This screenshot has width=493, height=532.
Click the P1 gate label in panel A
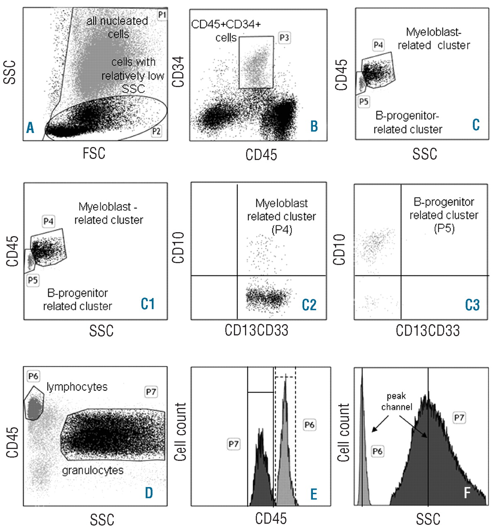(162, 15)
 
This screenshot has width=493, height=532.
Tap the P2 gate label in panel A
(156, 131)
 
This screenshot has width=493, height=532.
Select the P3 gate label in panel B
(284, 38)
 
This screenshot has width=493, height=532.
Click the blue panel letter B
(314, 126)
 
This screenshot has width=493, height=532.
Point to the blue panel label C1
(148, 304)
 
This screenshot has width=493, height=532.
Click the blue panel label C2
(310, 305)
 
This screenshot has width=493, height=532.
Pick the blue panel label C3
(472, 305)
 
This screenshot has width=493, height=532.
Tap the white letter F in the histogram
(467, 493)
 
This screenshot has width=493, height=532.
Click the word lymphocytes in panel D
(77, 387)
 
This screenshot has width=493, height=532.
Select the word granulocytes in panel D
(93, 470)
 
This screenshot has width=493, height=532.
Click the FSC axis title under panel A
(94, 153)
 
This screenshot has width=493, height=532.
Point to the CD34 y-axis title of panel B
(179, 72)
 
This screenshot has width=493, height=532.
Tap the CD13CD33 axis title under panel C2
(256, 330)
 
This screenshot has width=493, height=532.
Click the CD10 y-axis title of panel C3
(339, 249)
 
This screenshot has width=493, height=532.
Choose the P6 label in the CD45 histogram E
(310, 424)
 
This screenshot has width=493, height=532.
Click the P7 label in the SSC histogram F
(459, 418)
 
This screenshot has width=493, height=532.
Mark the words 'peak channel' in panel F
(397, 401)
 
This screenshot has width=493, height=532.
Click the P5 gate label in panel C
(364, 101)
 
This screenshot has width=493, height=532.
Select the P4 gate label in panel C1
(49, 221)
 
